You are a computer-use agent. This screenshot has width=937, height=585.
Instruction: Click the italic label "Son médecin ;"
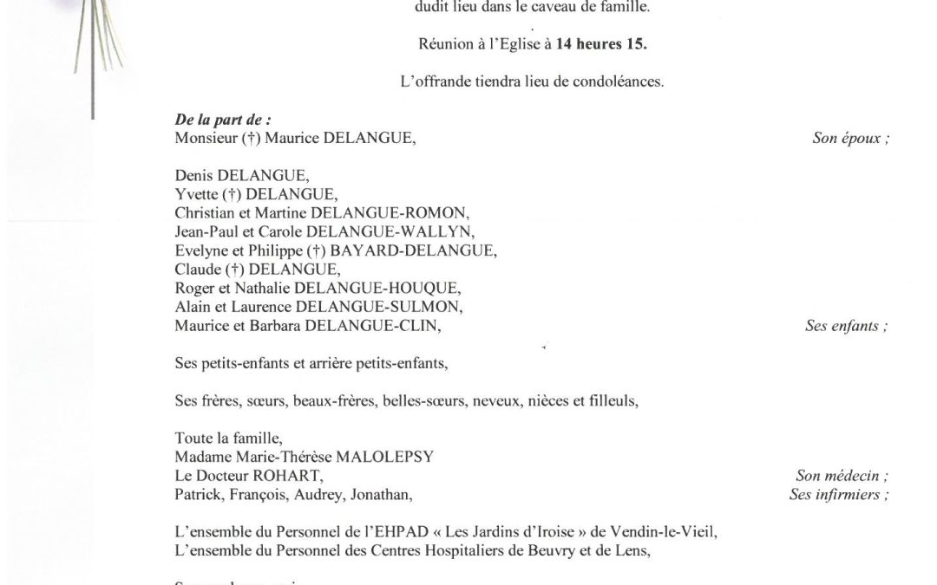(842, 476)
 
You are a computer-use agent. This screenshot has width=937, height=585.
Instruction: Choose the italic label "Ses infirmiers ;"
(839, 495)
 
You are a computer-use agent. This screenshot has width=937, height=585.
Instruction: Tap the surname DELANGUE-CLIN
(370, 326)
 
